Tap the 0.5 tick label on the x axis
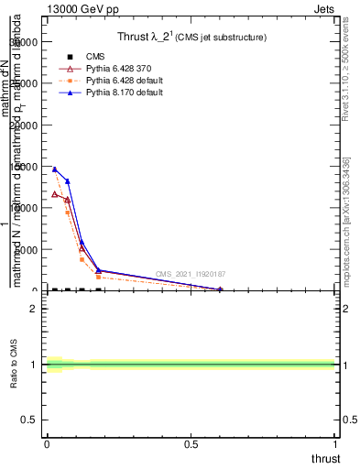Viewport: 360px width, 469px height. pyautogui.click(x=191, y=443)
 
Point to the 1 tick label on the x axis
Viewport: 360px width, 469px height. pyautogui.click(x=337, y=443)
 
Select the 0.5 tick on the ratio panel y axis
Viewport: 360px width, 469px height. pyautogui.click(x=30, y=420)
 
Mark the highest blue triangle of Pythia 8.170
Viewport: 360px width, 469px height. pyautogui.click(x=54, y=169)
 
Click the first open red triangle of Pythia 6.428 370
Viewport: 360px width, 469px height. pyautogui.click(x=54, y=193)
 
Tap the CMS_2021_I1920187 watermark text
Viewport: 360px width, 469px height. pyautogui.click(x=191, y=274)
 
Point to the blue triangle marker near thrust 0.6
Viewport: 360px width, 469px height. pyautogui.click(x=221, y=289)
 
